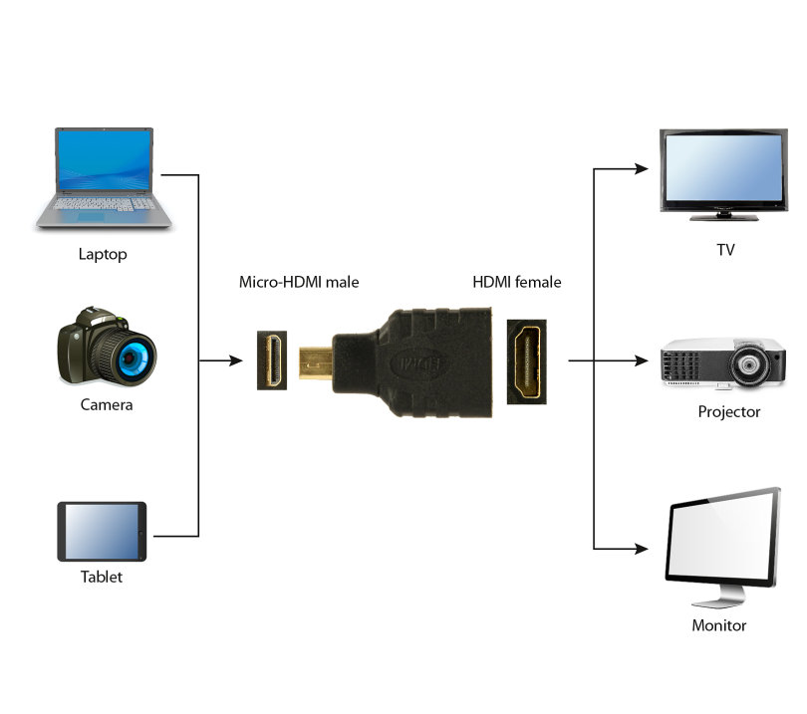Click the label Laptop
[103, 254]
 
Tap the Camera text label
[107, 405]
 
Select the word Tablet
[102, 577]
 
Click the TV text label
[725, 249]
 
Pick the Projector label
[728, 411]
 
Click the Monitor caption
[719, 625]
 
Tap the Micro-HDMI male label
[299, 282]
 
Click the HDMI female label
[516, 282]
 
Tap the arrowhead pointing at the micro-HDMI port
[234, 360]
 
